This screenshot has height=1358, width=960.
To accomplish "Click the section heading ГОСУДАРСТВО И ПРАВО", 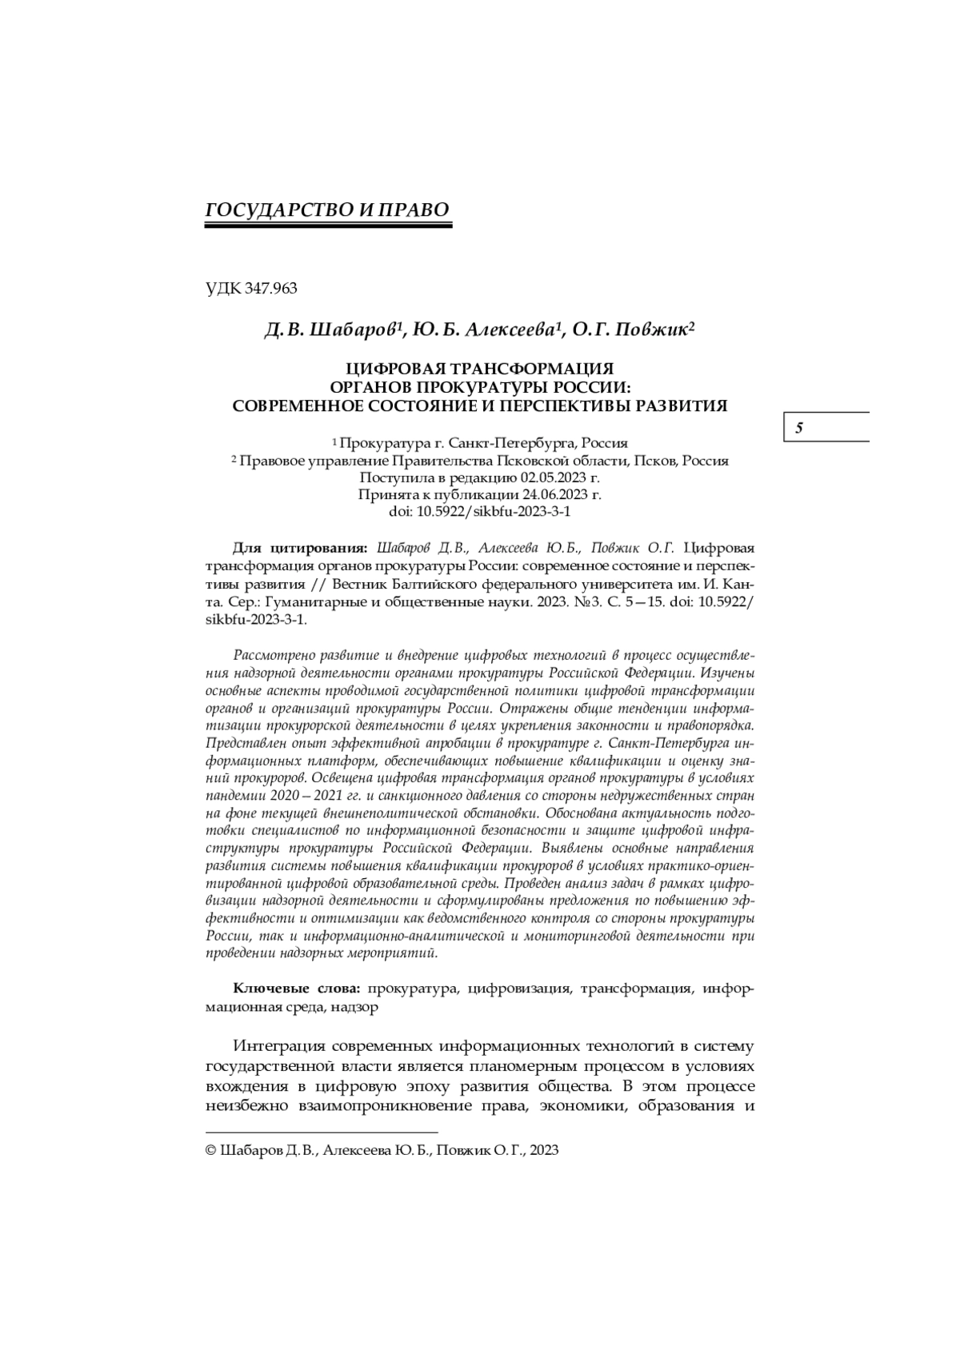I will pos(328,210).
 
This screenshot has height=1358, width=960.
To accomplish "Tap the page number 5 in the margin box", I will pos(799,428).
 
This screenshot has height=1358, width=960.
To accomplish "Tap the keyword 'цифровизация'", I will pos(519,989).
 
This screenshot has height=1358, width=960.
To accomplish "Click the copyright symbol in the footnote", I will pos(211,1150).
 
